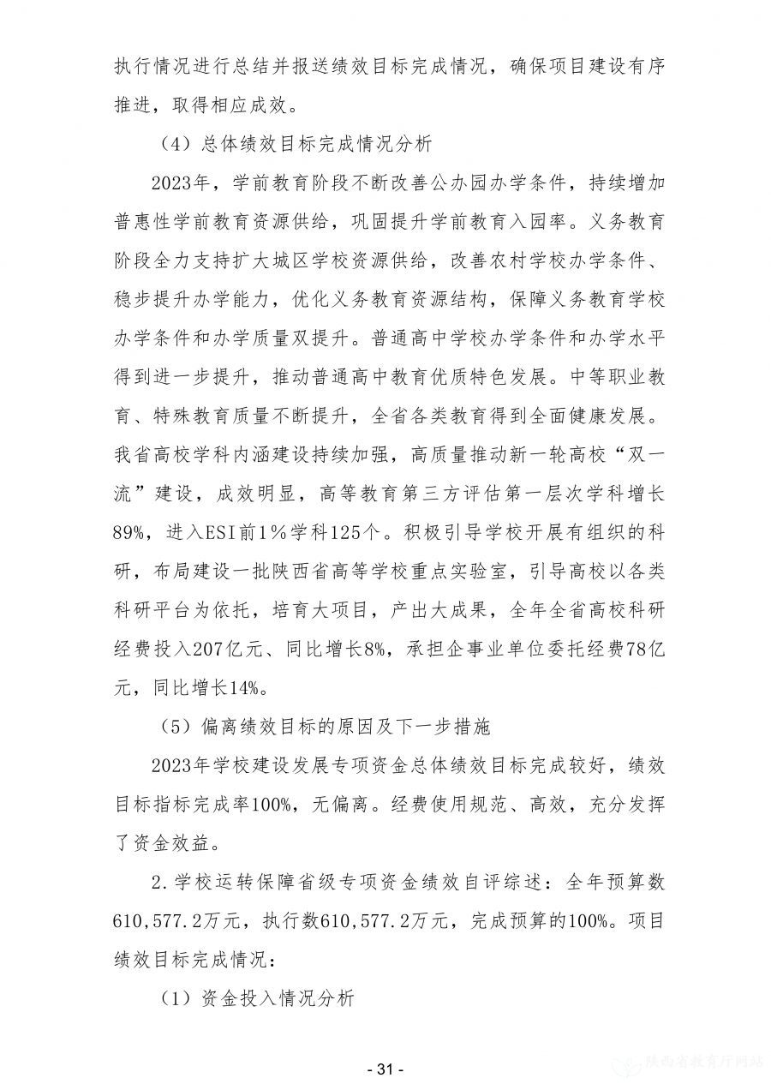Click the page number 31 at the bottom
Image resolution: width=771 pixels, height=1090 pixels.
coord(385,1069)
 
